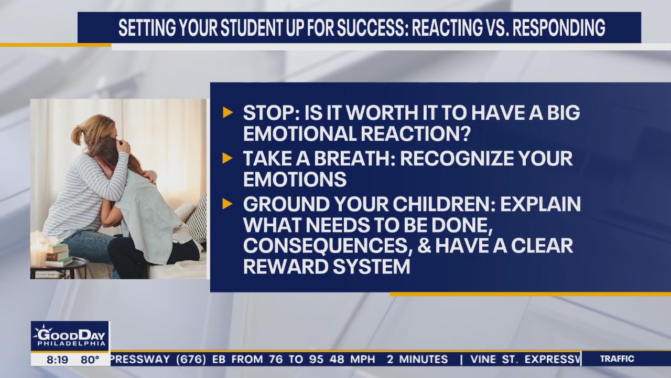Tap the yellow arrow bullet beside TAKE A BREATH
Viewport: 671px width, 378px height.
pyautogui.click(x=228, y=158)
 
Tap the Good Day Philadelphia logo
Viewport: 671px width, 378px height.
pyautogui.click(x=70, y=336)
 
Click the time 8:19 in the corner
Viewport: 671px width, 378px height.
pyautogui.click(x=57, y=360)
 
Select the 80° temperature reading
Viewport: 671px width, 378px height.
pyautogui.click(x=90, y=360)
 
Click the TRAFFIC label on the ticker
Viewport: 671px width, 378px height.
pyautogui.click(x=617, y=359)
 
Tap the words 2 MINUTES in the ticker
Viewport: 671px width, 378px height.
pyautogui.click(x=417, y=360)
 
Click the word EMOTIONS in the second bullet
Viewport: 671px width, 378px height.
pyautogui.click(x=295, y=180)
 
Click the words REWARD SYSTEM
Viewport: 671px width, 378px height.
pyautogui.click(x=326, y=267)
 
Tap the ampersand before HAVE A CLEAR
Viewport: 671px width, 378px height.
pyautogui.click(x=425, y=246)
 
